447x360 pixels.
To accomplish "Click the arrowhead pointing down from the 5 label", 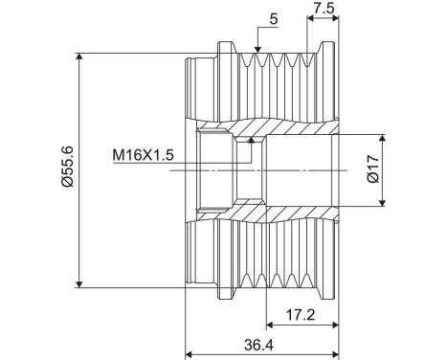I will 257,49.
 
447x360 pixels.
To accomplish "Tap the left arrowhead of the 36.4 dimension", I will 190,350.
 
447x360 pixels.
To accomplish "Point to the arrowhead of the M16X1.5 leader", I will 252,141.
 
